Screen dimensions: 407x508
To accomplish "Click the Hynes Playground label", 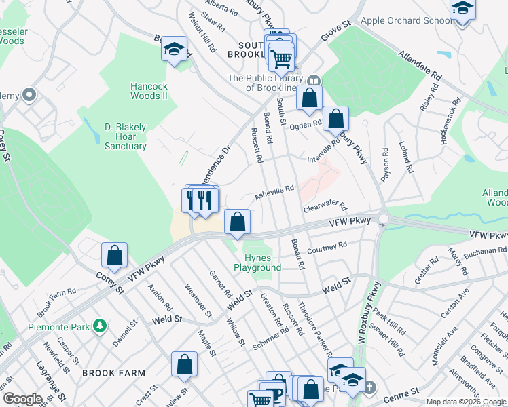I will click(257, 263).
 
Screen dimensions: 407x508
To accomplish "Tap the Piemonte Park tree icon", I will click(100, 326).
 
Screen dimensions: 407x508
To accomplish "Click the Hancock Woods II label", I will click(149, 91).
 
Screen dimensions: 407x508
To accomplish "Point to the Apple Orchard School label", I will click(406, 20).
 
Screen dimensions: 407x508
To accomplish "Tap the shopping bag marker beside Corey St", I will click(115, 256).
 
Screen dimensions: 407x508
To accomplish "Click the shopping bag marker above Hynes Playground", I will click(237, 222).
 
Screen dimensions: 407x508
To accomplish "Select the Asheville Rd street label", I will click(274, 193).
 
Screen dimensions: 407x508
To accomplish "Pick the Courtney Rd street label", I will click(327, 248).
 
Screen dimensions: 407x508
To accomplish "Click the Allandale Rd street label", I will click(420, 65).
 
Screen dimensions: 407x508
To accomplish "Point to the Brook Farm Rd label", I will click(56, 303).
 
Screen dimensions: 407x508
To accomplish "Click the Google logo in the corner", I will click(22, 399).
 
